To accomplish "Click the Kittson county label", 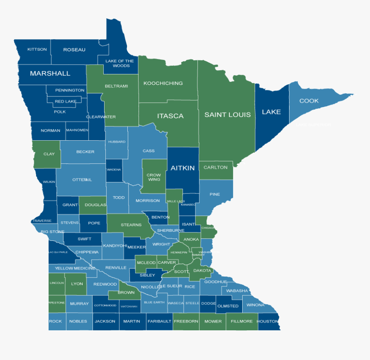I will click(37, 49).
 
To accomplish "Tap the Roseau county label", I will click(74, 50).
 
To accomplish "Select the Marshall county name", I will click(50, 74).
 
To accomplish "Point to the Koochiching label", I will click(163, 83).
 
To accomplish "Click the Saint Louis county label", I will click(227, 115).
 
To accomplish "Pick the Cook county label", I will click(309, 101).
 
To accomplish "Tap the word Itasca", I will click(170, 116).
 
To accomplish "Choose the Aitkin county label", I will click(183, 168).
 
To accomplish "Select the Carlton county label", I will click(216, 167).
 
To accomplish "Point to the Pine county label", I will click(215, 194).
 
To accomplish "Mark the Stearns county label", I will click(131, 225).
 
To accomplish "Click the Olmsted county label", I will click(228, 306).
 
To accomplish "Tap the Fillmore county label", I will click(241, 321).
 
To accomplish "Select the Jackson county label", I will click(105, 321).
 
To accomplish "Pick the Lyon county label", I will click(77, 284).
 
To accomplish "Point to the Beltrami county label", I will click(116, 86).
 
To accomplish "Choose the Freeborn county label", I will click(186, 321).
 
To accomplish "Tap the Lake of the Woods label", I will click(119, 63).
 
